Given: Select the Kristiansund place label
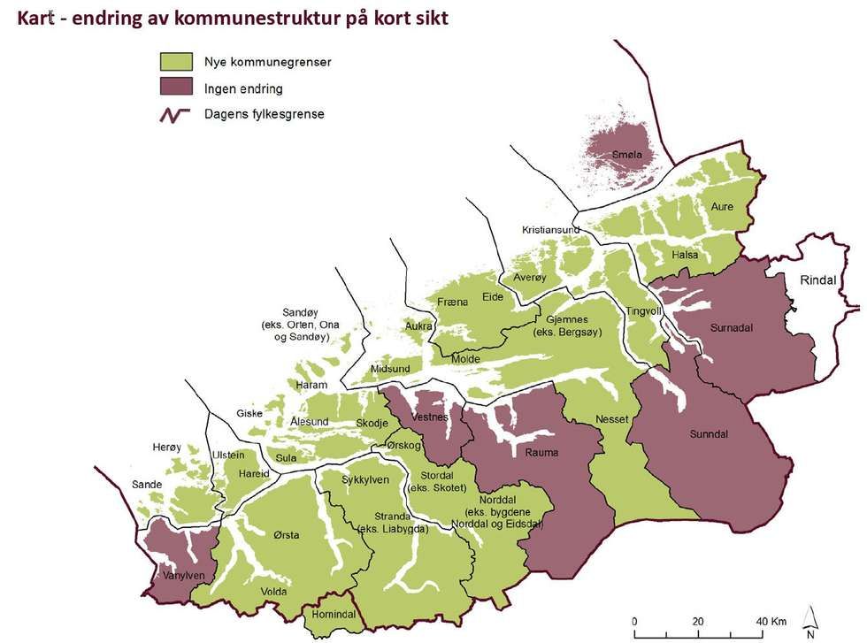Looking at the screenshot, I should coord(550,230).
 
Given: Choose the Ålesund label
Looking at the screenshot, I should coord(310,422).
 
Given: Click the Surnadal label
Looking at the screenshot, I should coord(731,327).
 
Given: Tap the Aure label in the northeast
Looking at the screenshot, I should coord(723,206).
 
